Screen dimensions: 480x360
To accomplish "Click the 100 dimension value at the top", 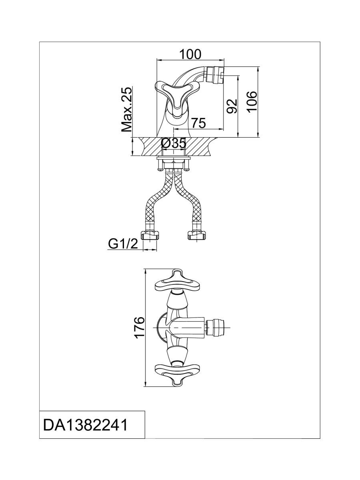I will tap(190, 54).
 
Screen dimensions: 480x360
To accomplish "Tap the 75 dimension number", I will tap(198, 123).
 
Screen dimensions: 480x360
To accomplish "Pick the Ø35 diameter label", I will tap(174, 143).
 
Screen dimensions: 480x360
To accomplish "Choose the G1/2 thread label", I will tap(124, 243).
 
